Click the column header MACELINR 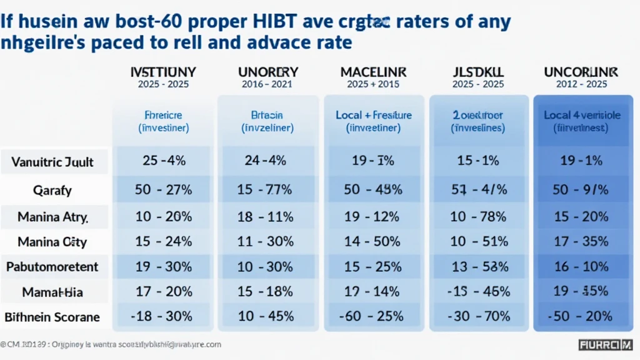tap(372, 72)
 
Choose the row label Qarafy tap(53, 189)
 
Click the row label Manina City tap(52, 241)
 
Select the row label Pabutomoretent tap(52, 267)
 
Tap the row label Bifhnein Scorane tap(52, 317)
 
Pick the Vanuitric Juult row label tap(52, 162)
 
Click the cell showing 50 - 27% tap(164, 189)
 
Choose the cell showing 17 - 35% tap(581, 241)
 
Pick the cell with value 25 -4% tap(164, 161)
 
